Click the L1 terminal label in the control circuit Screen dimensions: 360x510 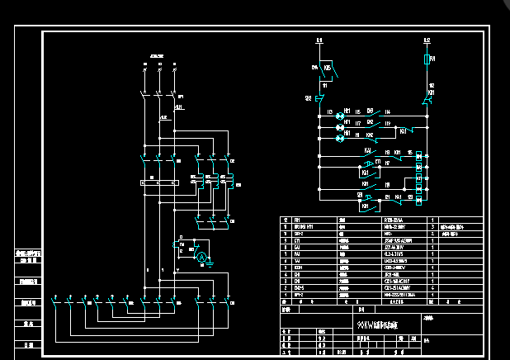(x=319, y=39)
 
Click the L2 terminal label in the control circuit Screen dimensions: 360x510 (x=427, y=39)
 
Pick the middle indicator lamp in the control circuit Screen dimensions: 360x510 (x=338, y=128)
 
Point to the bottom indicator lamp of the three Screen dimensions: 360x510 (x=338, y=139)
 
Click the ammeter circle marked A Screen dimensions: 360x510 (x=199, y=258)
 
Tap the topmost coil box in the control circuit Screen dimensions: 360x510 (x=419, y=155)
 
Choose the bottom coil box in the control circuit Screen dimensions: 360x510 (x=419, y=199)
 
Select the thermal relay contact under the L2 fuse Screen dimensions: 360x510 (x=427, y=100)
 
